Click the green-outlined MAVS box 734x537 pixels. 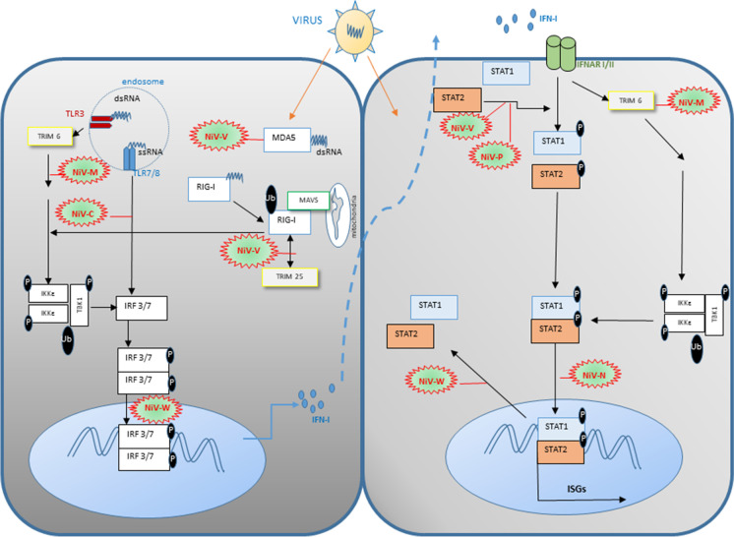pos(309,202)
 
